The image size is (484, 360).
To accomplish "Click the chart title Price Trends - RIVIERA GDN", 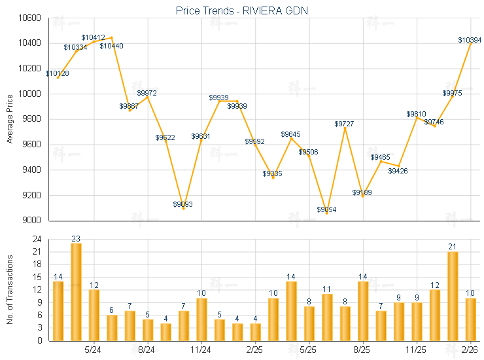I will click(242, 10).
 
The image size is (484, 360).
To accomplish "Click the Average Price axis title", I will click(9, 119).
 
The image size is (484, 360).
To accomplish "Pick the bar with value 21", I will click(453, 296).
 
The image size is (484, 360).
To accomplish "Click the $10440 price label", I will click(111, 46).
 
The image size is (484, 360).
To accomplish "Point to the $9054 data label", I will click(327, 209).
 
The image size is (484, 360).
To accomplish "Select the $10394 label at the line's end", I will click(470, 41).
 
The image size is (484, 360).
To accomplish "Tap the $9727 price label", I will click(345, 124).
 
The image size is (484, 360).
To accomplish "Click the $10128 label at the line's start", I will click(58, 73).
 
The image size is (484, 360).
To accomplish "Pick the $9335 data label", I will click(273, 173).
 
